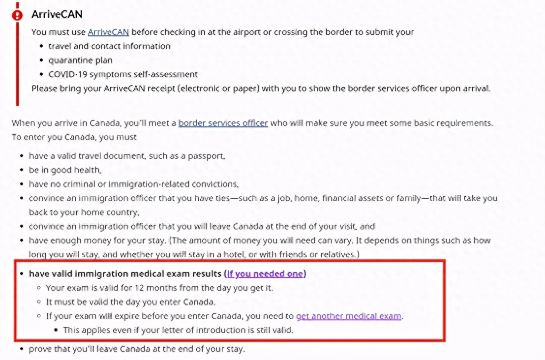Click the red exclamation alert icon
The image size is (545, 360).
tap(18, 15)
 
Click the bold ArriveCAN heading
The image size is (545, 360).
tap(57, 15)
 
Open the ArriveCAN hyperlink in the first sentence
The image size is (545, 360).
tap(108, 32)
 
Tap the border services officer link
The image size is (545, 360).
tap(223, 123)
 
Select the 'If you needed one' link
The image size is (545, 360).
tap(265, 274)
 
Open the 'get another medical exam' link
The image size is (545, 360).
tap(349, 316)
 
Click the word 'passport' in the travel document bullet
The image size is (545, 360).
tap(208, 156)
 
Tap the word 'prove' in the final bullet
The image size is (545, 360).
tap(39, 350)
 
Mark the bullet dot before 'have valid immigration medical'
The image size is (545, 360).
tap(22, 274)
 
